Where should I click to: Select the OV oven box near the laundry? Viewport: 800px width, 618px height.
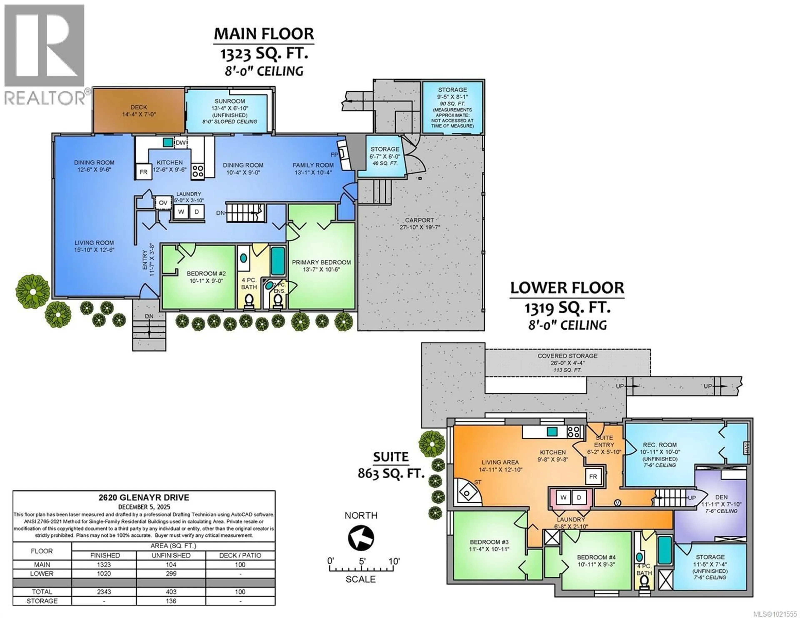pos(163,203)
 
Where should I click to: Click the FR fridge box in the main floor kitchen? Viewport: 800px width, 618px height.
pos(143,172)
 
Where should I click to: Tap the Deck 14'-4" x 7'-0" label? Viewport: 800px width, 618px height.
pos(139,111)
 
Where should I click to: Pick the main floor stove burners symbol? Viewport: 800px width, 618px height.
pos(198,171)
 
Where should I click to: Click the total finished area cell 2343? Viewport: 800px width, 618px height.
pos(104,592)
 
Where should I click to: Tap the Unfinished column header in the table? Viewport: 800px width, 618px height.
pos(171,555)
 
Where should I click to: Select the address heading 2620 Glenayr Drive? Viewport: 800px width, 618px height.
pos(144,497)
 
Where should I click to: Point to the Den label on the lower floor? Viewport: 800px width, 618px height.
pos(721,497)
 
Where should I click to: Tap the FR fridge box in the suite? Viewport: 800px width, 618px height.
pos(593,477)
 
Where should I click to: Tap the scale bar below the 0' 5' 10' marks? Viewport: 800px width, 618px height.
pos(361,569)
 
